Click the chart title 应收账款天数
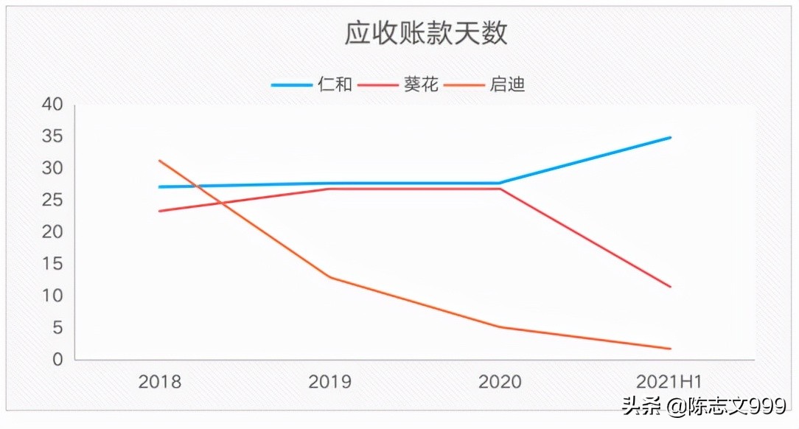coord(426,34)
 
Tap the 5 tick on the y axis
coord(57,328)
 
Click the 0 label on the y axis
coord(57,360)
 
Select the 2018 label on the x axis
coord(159,382)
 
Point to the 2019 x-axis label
coord(329,382)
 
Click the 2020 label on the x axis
coord(500,382)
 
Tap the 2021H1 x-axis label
coord(669,382)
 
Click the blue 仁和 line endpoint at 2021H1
coord(671,137)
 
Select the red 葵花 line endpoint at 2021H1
coord(671,287)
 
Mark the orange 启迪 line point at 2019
coord(329,277)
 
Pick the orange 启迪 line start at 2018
coord(159,161)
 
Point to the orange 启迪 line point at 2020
coord(500,327)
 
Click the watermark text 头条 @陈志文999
coord(705,406)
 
